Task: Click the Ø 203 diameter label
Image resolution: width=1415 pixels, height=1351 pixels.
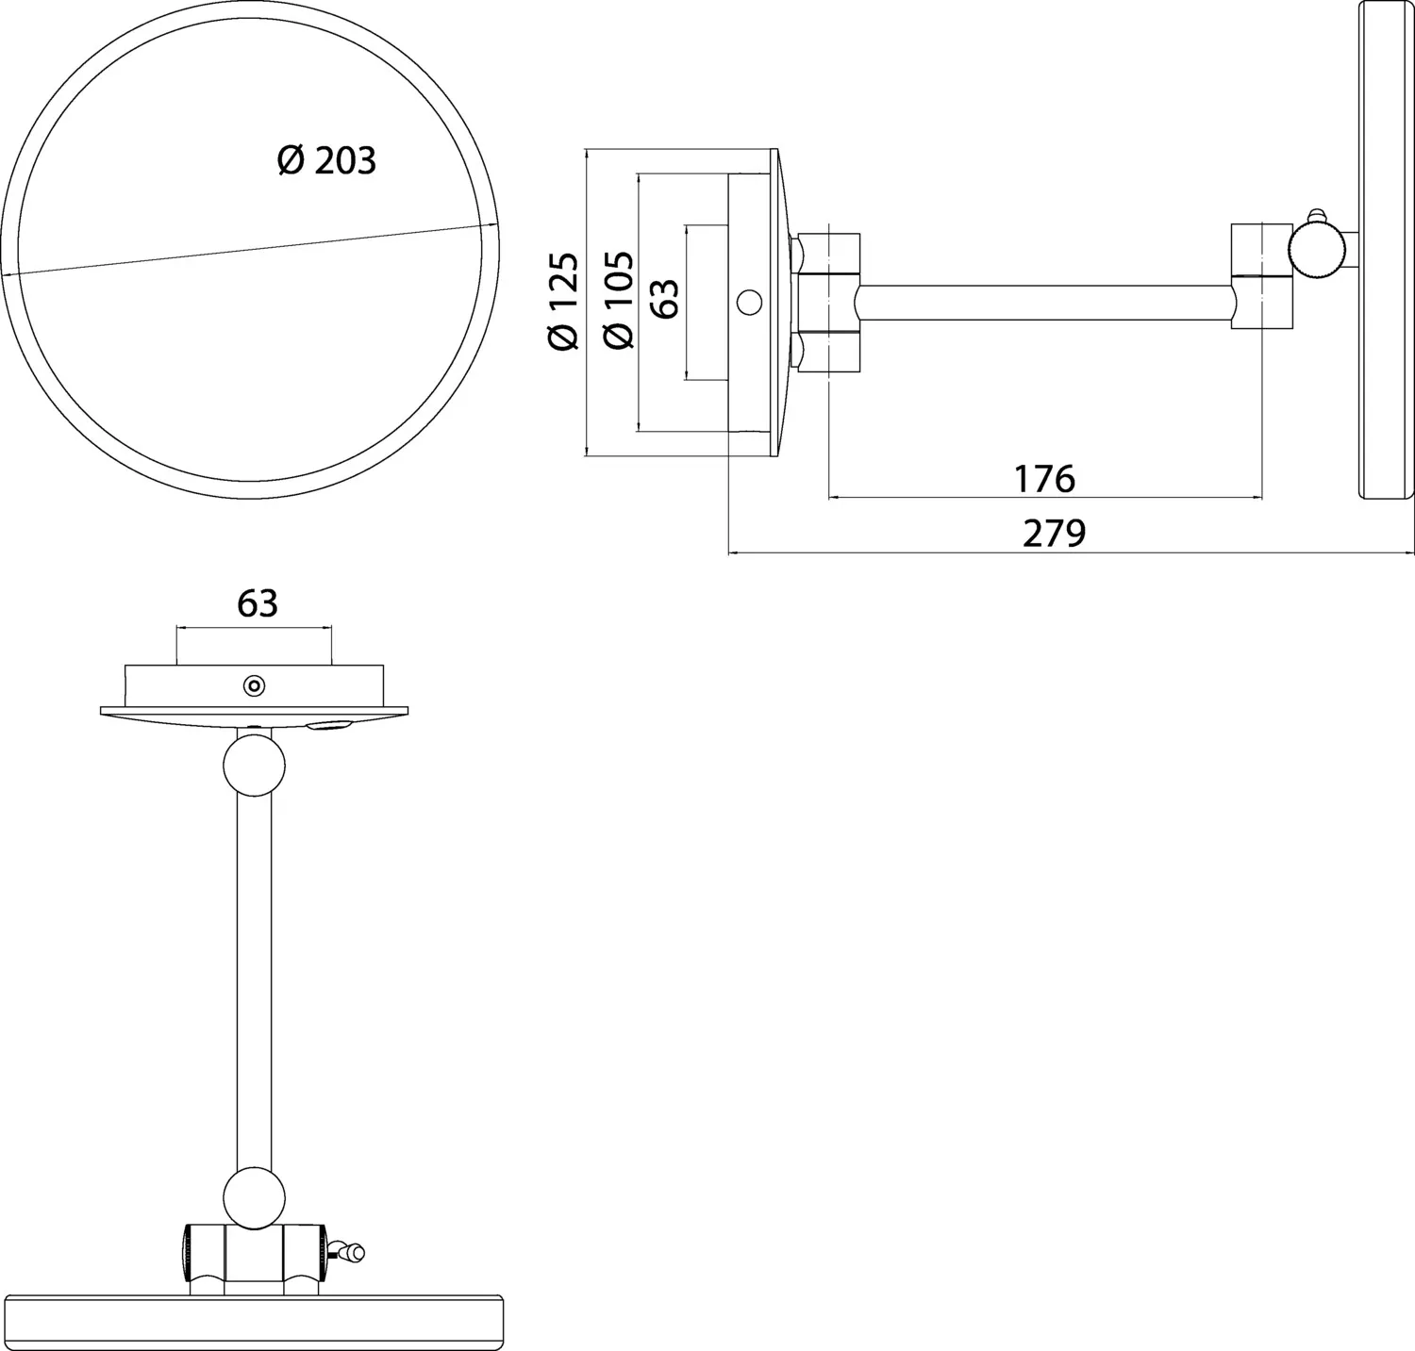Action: point(326,161)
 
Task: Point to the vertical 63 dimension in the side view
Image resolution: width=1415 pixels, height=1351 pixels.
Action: point(665,298)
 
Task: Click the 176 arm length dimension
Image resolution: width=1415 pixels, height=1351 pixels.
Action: point(1045,479)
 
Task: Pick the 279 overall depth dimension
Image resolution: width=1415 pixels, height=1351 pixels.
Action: point(1055,534)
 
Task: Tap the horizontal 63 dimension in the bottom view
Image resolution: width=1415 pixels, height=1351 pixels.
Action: point(257,603)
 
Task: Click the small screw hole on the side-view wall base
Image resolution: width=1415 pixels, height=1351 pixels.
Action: point(748,303)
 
